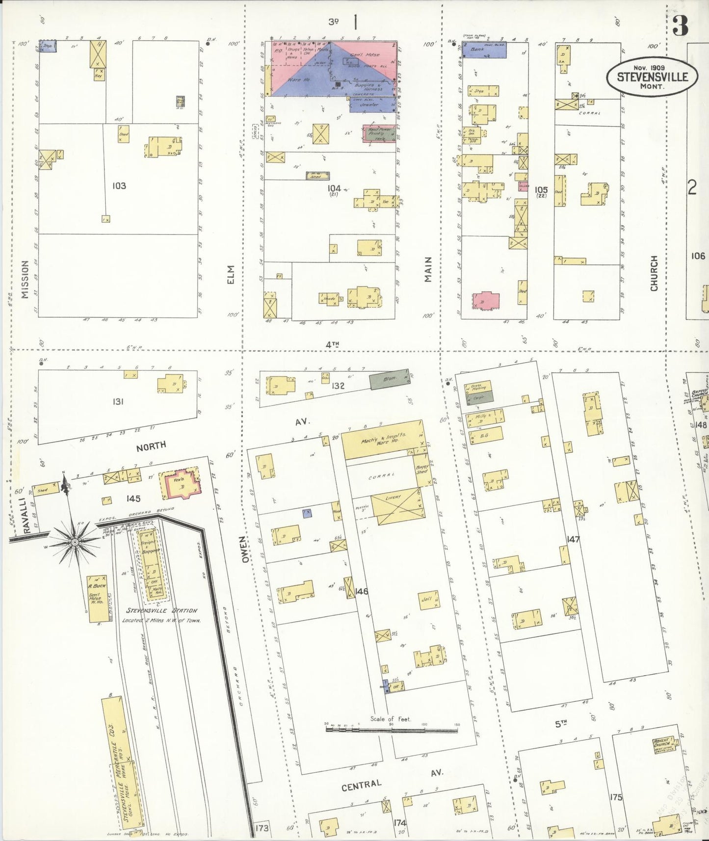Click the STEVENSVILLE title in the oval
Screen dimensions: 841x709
coord(652,77)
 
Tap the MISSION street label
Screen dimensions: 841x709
coord(25,279)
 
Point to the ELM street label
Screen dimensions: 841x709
coord(231,274)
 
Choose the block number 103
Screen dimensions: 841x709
coord(119,185)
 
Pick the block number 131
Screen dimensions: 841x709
coord(118,401)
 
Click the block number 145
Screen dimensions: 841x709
coord(133,499)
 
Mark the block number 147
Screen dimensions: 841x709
coord(573,539)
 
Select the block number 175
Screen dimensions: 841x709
coord(616,797)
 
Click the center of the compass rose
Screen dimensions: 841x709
coord(75,542)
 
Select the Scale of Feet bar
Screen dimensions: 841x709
coord(391,730)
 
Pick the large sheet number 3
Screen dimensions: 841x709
coord(680,26)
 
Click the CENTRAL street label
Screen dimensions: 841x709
coord(362,785)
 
